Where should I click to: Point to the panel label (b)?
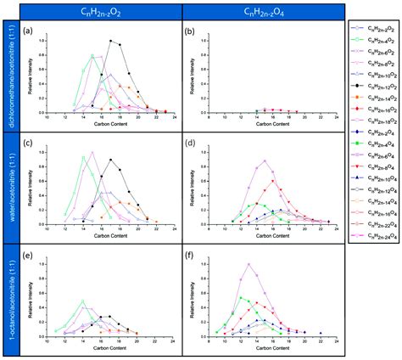[x=190, y=33]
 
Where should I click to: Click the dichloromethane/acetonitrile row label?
[x=11, y=77]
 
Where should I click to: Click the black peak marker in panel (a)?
[x=110, y=41]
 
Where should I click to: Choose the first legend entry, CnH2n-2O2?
[x=372, y=30]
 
